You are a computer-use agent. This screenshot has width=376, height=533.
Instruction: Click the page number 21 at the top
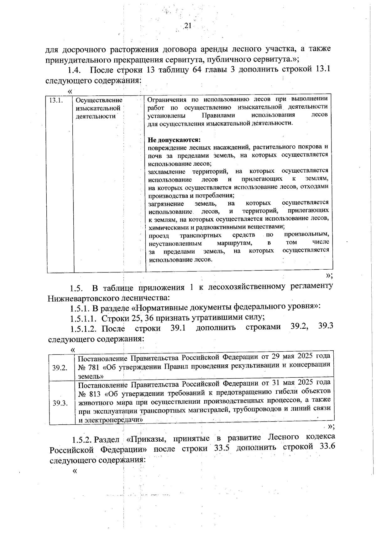pyautogui.click(x=187, y=26)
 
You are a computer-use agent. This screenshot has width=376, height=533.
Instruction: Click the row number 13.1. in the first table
pyautogui.click(x=56, y=100)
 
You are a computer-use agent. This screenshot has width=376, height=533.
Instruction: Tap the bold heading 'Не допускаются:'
pyautogui.click(x=174, y=139)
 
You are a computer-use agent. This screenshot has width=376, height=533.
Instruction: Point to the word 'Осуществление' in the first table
pyautogui.click(x=99, y=100)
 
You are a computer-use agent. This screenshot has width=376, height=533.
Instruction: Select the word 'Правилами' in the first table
pyautogui.click(x=218, y=115)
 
